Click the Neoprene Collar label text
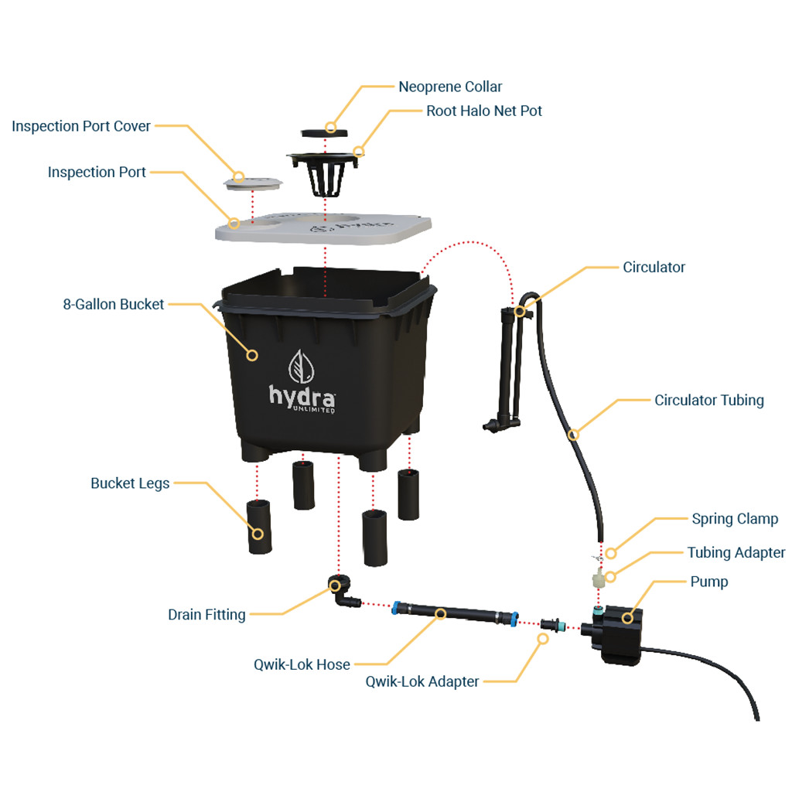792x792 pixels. click(450, 87)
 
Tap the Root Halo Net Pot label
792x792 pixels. click(484, 111)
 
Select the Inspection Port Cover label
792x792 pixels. click(81, 126)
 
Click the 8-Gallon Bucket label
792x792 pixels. click(114, 304)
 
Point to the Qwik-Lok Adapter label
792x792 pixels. click(422, 681)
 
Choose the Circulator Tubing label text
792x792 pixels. click(709, 400)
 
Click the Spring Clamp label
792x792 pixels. click(735, 518)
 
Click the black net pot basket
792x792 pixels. click(325, 176)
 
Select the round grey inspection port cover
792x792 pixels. click(251, 183)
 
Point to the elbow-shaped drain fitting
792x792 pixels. click(340, 590)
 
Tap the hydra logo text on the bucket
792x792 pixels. click(302, 396)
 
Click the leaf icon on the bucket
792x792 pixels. click(302, 365)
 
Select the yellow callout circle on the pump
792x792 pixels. click(627, 616)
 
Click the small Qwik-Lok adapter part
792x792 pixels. click(553, 623)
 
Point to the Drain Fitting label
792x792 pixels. click(207, 614)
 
